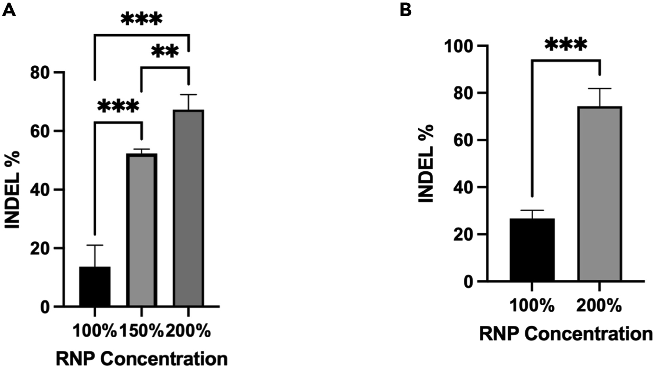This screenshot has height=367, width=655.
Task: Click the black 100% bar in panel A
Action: (x=95, y=286)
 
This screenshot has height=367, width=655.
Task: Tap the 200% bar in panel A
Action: (x=188, y=208)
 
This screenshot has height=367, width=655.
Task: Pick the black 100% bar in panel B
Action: (x=532, y=250)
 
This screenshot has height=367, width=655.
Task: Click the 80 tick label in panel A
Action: (x=41, y=73)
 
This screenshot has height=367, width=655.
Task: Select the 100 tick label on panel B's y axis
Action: (x=460, y=46)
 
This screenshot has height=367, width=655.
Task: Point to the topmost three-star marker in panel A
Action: (x=142, y=19)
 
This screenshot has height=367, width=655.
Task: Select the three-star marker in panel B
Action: (x=565, y=45)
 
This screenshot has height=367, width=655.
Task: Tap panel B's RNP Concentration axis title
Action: (x=566, y=334)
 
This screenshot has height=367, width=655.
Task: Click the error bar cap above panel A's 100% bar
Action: (x=95, y=245)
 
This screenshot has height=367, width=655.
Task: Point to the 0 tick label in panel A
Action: (x=45, y=307)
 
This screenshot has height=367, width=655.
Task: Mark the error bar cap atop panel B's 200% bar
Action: (x=599, y=88)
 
